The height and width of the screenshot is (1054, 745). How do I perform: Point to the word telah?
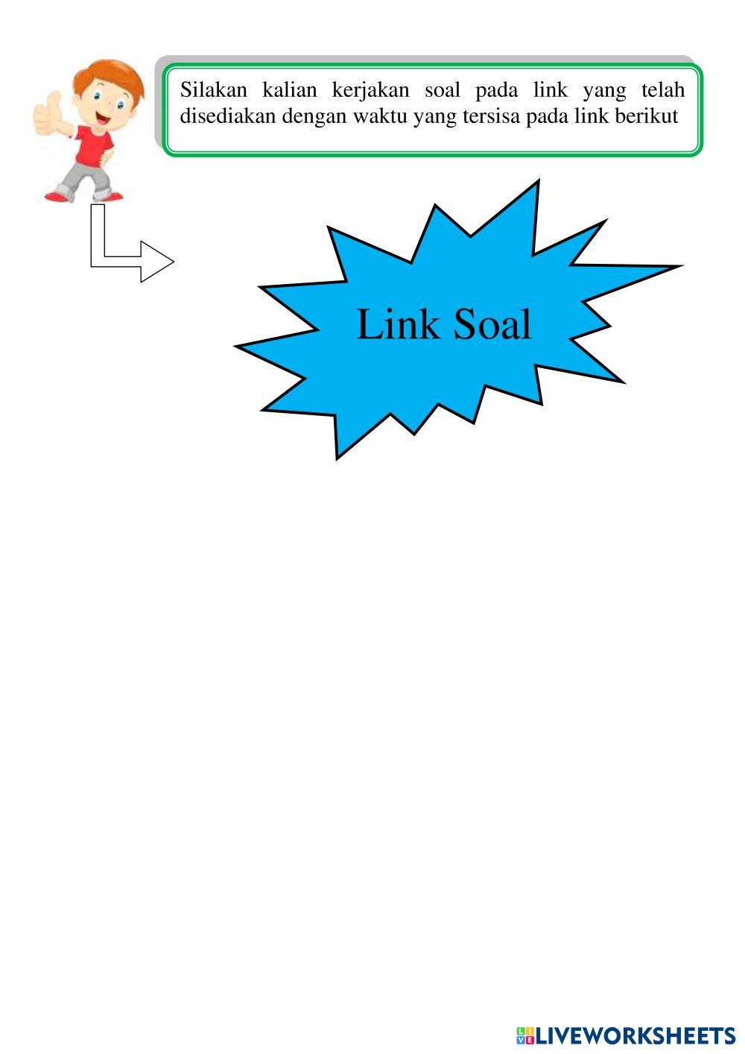pos(662,90)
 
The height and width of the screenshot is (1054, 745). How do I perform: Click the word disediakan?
pos(228,116)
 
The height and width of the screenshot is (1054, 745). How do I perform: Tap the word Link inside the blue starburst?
pos(398,325)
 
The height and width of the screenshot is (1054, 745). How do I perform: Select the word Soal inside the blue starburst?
pos(492,325)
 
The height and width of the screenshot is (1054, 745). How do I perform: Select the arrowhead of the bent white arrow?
pos(157,262)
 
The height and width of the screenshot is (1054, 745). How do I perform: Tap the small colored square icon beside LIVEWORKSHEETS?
pos(524,1035)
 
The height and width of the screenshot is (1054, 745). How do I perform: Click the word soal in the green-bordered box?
pos(443,90)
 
